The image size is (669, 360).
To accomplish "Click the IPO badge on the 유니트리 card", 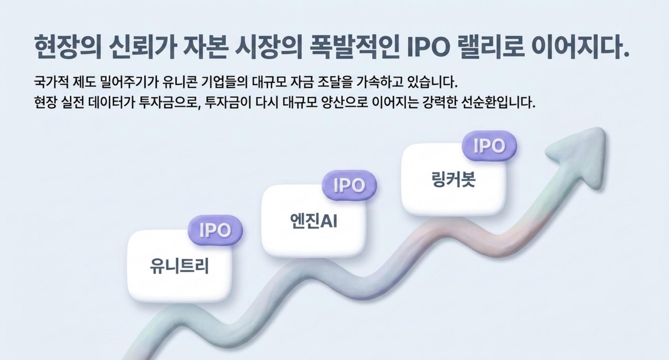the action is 215,230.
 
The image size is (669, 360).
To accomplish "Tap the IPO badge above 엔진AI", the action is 349,185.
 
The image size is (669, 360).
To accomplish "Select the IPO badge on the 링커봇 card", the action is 489,146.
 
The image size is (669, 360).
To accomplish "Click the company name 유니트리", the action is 179,266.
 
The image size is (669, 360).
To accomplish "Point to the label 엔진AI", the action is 313,221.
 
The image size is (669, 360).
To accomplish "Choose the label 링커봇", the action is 453,179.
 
